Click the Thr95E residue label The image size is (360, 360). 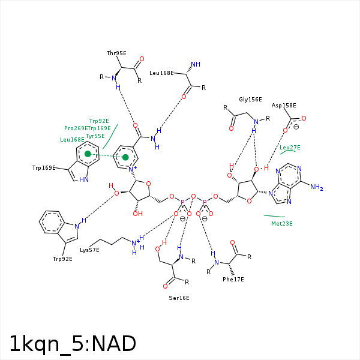tap(116, 53)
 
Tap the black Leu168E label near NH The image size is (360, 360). tap(161, 73)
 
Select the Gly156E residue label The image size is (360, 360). tap(250, 100)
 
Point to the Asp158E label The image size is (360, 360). tap(284, 105)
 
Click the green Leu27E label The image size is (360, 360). tap(290, 148)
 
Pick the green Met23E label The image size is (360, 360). tap(282, 224)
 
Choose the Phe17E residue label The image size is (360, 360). tap(233, 279)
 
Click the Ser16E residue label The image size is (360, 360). tap(179, 298)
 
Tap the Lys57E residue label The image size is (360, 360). tap(89, 249)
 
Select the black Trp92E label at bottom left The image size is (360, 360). tap(62, 259)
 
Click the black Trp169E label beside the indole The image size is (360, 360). tap(44, 167)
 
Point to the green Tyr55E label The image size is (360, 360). tap(95, 136)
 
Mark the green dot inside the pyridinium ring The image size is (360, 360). tap(125, 157)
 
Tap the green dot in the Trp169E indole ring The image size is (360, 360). tap(88, 154)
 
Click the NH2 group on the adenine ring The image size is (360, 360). tap(316, 188)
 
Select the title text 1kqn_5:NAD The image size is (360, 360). tap(73, 344)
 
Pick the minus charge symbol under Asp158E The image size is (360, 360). tap(296, 127)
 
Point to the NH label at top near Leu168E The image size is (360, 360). tap(194, 64)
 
